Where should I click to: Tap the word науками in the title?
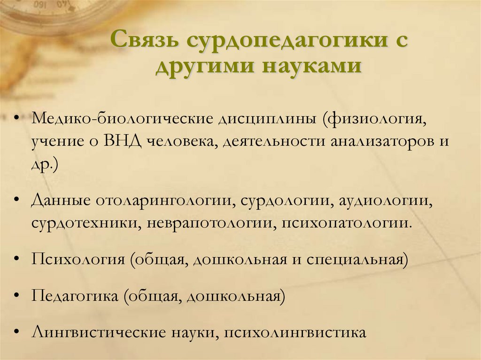click(312, 65)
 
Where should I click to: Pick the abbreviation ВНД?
click(123, 141)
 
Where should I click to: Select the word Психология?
click(78, 260)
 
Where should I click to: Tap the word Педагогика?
click(75, 296)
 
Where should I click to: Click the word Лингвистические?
click(99, 333)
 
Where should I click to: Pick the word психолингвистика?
click(295, 333)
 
